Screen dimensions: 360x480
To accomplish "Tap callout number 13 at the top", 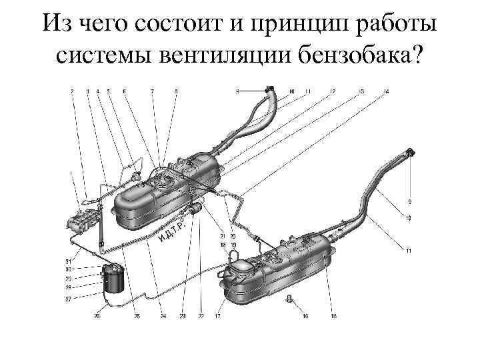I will click(x=360, y=91).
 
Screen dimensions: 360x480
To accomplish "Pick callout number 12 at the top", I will click(x=332, y=91).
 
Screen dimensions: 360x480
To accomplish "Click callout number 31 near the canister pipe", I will click(x=68, y=260).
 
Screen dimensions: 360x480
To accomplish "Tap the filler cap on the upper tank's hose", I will click(x=269, y=88).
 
